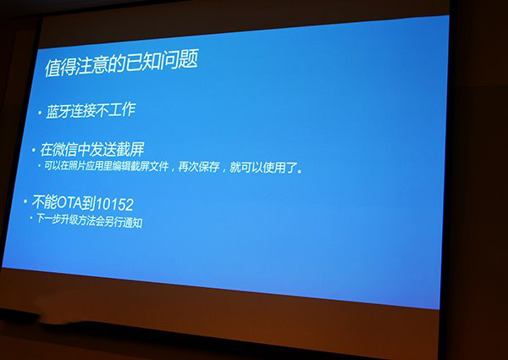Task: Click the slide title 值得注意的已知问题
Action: (x=121, y=64)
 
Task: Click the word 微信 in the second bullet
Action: (x=66, y=150)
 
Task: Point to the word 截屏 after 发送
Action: (x=130, y=150)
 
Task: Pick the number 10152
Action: (x=114, y=204)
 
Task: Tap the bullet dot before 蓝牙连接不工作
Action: (x=40, y=114)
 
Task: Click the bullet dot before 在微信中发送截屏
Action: (x=33, y=150)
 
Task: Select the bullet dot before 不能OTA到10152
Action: (x=25, y=202)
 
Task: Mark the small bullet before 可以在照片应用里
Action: (x=39, y=166)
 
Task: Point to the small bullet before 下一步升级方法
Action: (x=31, y=218)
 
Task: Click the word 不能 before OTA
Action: (x=44, y=202)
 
